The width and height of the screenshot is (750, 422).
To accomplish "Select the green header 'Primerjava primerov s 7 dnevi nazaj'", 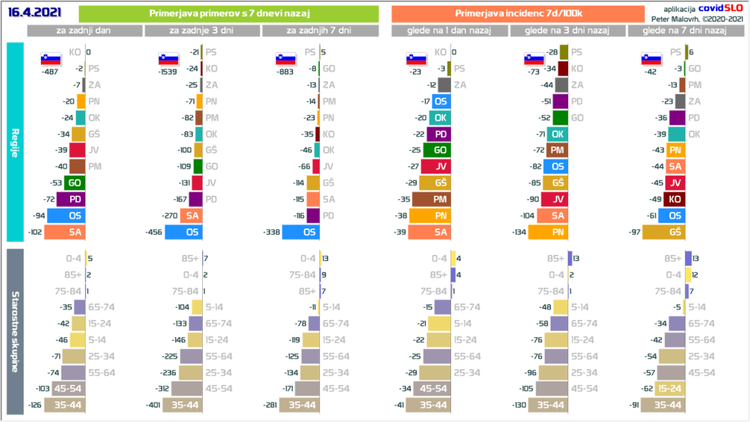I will click(228, 14).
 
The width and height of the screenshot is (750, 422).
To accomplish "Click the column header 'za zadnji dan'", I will click(85, 31).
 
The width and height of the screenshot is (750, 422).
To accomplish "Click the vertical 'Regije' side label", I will click(15, 141).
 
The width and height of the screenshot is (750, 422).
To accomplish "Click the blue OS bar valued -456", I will click(184, 232).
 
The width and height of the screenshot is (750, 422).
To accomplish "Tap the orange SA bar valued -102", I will click(65, 232).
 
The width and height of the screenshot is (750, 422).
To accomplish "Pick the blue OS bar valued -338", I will click(301, 232).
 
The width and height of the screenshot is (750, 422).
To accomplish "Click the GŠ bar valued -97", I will click(664, 232).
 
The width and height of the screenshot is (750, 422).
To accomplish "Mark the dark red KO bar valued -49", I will click(675, 199).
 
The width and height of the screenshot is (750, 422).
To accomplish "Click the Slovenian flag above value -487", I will click(51, 59).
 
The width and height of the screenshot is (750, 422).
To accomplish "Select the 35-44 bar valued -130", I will click(549, 405).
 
